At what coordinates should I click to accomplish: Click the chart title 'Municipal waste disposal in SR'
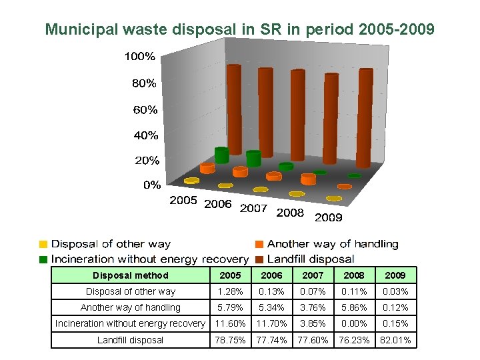coord(239,29)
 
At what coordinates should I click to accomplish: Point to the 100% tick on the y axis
coord(139,57)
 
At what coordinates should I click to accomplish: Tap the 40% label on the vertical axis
coord(145,135)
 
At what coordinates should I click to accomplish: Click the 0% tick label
coord(152,185)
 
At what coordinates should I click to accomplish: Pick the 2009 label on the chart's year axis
coord(328,217)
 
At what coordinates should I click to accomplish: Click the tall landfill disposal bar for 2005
coord(233,113)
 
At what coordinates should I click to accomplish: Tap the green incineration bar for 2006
coord(253,159)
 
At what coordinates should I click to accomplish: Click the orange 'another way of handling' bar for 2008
coord(307,179)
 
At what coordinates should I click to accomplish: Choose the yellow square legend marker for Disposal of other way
coord(43,244)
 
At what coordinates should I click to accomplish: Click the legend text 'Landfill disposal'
coord(310,259)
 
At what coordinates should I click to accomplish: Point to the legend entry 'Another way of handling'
coord(332,244)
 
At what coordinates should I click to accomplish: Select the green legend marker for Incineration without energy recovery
coord(43,259)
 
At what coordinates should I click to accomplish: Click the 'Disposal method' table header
coord(131,275)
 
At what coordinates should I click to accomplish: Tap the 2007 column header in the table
coord(313,275)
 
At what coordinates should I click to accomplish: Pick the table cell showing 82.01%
coord(394,340)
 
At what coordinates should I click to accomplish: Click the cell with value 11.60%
coord(228,323)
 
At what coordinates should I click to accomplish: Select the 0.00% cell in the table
coord(353,323)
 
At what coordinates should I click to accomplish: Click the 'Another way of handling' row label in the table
coord(131,307)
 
